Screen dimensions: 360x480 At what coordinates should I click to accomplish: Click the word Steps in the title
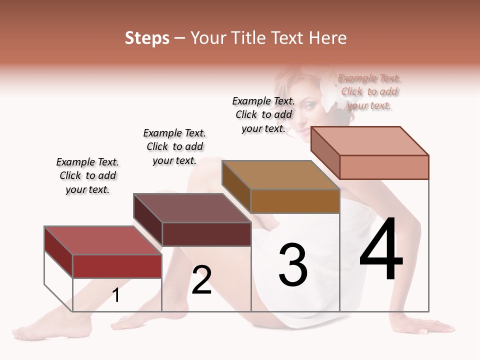point(147,38)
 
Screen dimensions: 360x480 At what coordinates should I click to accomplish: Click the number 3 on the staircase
point(292,264)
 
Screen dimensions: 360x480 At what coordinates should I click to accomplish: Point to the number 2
point(201,280)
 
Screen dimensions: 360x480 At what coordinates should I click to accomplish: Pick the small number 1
point(116,295)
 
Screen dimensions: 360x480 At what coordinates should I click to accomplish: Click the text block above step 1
point(87,176)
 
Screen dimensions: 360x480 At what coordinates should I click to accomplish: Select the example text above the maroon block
point(174,146)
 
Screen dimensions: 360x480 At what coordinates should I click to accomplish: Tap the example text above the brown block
point(263,114)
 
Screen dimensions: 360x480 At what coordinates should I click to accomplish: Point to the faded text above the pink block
point(369,91)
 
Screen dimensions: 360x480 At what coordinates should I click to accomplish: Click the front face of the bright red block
point(117,266)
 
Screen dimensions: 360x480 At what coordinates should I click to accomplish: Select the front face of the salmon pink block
point(384,167)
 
